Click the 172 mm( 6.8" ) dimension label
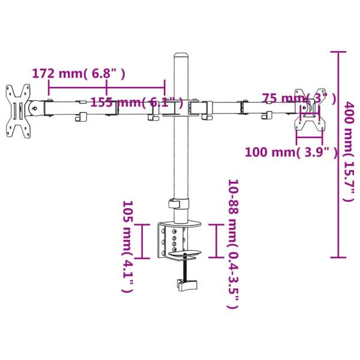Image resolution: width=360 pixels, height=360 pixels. click(79, 74)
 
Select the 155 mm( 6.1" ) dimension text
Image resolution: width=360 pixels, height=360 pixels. click(137, 102)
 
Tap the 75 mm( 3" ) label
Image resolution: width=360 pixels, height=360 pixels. click(295, 98)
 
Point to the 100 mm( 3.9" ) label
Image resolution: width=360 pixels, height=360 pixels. click(291, 152)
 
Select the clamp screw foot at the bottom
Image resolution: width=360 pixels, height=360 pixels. click(187, 284)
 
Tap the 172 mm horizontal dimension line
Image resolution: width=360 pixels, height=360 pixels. click(106, 88)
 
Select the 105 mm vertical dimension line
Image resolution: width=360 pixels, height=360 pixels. click(142, 241)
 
